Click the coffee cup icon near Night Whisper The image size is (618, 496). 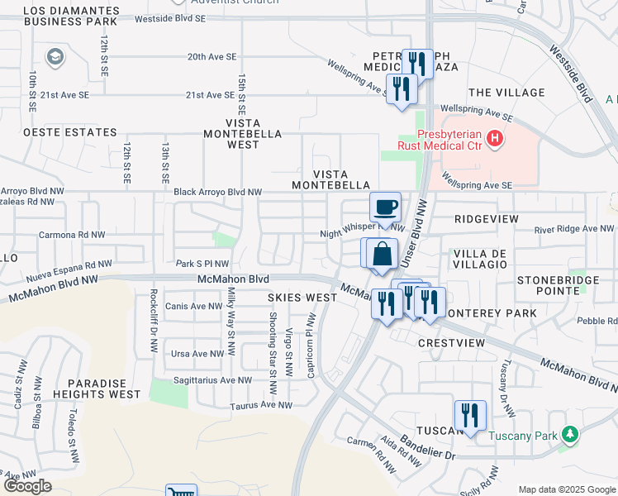point(385,207)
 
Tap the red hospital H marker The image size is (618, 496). point(495,137)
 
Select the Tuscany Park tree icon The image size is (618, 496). point(568,434)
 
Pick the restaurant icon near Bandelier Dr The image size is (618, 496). point(469,414)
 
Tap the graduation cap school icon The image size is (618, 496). point(55,56)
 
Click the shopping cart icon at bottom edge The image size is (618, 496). point(181,492)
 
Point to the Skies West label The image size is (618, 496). point(302,296)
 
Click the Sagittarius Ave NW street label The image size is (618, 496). point(212,380)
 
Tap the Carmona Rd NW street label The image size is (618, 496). point(72,235)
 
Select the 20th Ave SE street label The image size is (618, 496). point(212,56)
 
